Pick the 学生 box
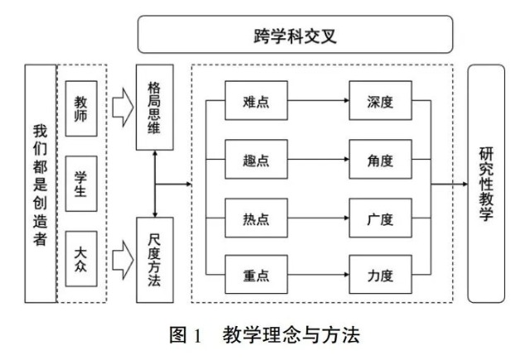[x=81, y=184]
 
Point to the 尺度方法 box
[x=153, y=258]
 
